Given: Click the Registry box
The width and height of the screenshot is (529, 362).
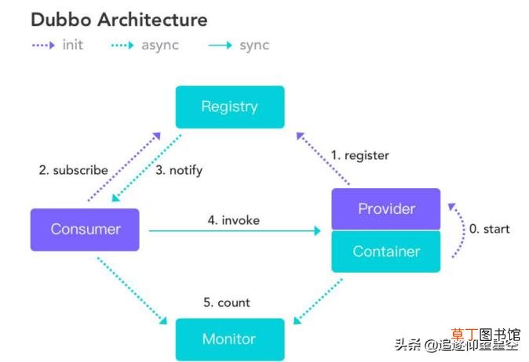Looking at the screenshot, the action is point(230,107).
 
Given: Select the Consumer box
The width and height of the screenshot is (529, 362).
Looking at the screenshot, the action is point(85,230).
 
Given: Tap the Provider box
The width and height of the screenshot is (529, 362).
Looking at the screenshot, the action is point(386,208).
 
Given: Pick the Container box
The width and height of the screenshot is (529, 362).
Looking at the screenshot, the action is point(386,252).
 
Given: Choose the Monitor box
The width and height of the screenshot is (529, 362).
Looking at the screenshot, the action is point(230,339).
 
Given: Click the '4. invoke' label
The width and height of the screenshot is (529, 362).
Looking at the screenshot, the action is point(234,220).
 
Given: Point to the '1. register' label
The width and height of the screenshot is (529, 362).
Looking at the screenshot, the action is point(360,155).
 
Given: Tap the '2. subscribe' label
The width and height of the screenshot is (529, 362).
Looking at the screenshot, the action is point(74,170).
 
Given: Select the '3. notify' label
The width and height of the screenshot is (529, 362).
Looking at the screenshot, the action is point(179,170).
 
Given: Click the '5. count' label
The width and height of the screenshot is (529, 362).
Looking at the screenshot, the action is point(227,302).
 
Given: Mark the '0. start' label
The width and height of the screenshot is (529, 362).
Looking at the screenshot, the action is point(490,229).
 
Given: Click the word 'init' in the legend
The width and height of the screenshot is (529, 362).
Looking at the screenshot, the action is point(73,45).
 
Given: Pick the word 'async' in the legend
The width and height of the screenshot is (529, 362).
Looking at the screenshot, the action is point(160,45).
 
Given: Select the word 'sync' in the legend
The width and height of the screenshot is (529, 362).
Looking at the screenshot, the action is point(255,45).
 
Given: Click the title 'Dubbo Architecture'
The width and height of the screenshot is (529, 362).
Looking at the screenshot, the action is point(119,20).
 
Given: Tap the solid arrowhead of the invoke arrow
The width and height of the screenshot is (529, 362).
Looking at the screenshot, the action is point(317,230).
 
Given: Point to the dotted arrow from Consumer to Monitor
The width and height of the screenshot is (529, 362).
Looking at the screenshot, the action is point(132,290).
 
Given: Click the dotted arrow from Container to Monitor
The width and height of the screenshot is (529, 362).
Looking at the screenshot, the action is point(318,301).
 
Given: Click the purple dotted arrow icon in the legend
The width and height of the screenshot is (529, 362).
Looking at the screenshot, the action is point(43,45).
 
